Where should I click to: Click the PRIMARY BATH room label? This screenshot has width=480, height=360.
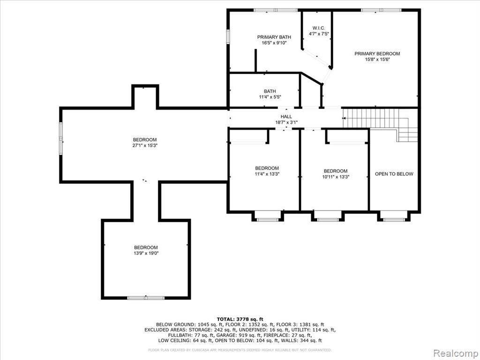click(x=274, y=37)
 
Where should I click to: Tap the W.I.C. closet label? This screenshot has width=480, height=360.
click(x=317, y=28)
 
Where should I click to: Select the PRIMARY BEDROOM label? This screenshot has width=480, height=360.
click(x=377, y=53)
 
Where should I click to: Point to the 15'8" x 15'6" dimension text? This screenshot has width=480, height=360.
click(x=377, y=60)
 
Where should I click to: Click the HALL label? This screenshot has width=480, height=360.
click(x=286, y=117)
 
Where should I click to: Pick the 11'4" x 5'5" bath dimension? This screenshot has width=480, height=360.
click(x=270, y=97)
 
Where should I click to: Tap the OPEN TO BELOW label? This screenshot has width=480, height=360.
click(x=394, y=174)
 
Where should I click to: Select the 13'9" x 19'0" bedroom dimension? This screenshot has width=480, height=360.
click(x=146, y=253)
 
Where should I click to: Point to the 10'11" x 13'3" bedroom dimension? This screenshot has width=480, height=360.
click(x=336, y=177)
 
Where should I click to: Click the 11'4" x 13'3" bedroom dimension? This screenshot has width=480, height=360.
click(x=267, y=174)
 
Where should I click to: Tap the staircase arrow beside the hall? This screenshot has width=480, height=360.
click(x=344, y=118)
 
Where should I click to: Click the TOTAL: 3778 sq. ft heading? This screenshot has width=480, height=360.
click(x=240, y=319)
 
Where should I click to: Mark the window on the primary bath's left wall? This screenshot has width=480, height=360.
click(x=228, y=36)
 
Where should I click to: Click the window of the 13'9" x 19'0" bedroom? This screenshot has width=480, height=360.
click(x=146, y=298)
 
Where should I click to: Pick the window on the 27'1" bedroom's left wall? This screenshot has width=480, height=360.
click(x=61, y=138)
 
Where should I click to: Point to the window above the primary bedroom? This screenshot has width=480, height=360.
click(x=381, y=10)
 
